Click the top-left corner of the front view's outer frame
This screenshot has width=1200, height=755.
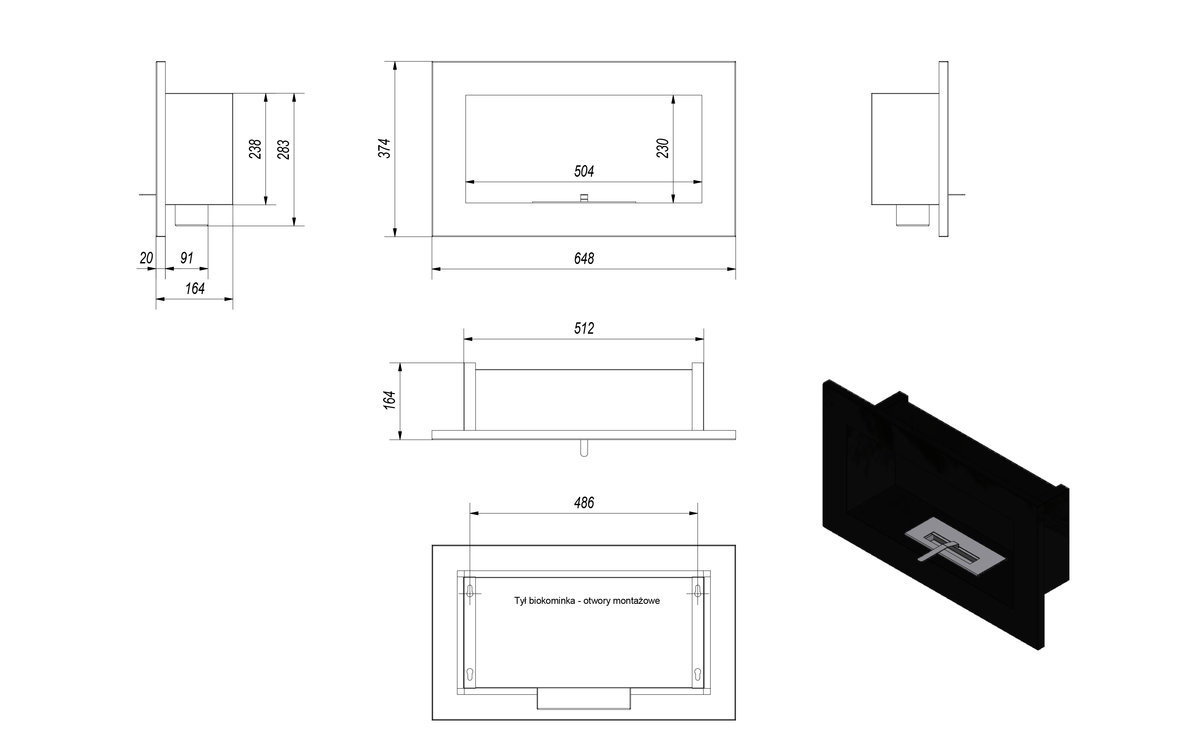(x=432, y=62)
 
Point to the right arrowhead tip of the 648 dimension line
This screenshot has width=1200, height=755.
(x=735, y=269)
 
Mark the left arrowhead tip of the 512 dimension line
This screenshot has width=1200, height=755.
(x=464, y=339)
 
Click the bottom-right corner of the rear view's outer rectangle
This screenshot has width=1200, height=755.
(x=735, y=719)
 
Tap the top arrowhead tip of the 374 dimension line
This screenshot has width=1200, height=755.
(x=395, y=62)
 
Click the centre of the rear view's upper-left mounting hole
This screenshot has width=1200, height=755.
(x=470, y=592)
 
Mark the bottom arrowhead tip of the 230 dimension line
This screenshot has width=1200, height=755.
(x=673, y=203)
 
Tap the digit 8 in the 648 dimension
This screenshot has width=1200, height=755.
(x=591, y=259)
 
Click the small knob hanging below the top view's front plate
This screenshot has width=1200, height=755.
(x=584, y=448)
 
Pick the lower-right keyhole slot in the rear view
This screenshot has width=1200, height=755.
(x=698, y=674)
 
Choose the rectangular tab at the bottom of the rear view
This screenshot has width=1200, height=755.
(x=584, y=698)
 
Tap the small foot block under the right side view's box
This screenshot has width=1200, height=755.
(x=913, y=215)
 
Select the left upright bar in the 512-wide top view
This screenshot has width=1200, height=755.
(x=469, y=397)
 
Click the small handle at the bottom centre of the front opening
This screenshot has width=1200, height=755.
(x=584, y=198)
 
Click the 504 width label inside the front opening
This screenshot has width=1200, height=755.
(x=584, y=171)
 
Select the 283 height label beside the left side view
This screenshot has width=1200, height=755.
(x=283, y=149)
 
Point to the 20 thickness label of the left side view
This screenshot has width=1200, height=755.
(x=146, y=258)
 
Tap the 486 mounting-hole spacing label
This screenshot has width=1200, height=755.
(x=584, y=503)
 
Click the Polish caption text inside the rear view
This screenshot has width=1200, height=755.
(x=587, y=601)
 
